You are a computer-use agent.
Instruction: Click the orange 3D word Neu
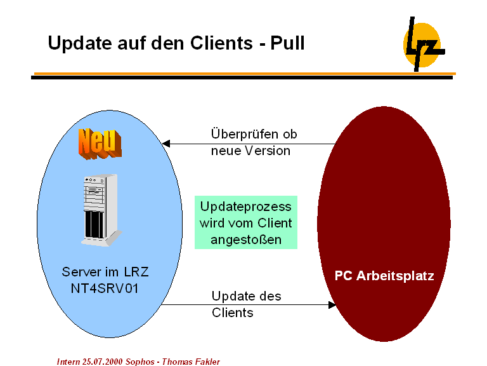pos(100,143)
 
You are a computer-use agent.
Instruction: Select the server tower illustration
pos(100,210)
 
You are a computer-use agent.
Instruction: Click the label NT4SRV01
pos(105,287)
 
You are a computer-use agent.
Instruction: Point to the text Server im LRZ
pos(105,272)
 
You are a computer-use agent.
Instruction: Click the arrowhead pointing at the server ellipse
pos(167,144)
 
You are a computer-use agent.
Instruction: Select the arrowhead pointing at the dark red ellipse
pos(332,305)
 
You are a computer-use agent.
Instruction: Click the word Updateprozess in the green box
pos(246,207)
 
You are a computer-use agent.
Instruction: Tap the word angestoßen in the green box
pos(246,240)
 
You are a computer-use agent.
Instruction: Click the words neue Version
pos(250,151)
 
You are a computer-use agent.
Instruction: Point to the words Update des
pos(247,296)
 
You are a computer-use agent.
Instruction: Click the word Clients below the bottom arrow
pos(233,313)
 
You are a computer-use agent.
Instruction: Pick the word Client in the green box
pos(275,223)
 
